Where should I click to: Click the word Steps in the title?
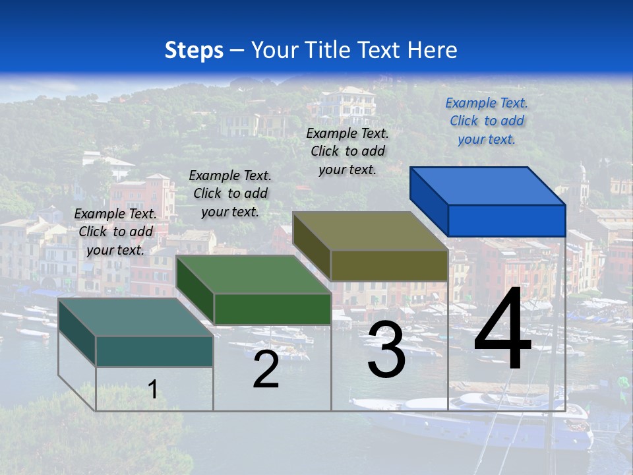point(194,50)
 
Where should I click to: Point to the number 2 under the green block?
point(266,369)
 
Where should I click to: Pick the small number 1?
point(152,389)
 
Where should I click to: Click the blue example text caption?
point(487,121)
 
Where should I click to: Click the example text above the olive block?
point(347,151)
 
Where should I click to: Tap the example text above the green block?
point(230,193)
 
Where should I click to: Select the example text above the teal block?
point(115,232)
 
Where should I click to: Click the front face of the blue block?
point(506,220)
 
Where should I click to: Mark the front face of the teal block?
point(154,351)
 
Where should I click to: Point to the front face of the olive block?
point(389,265)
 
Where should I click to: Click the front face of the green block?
point(272,309)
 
